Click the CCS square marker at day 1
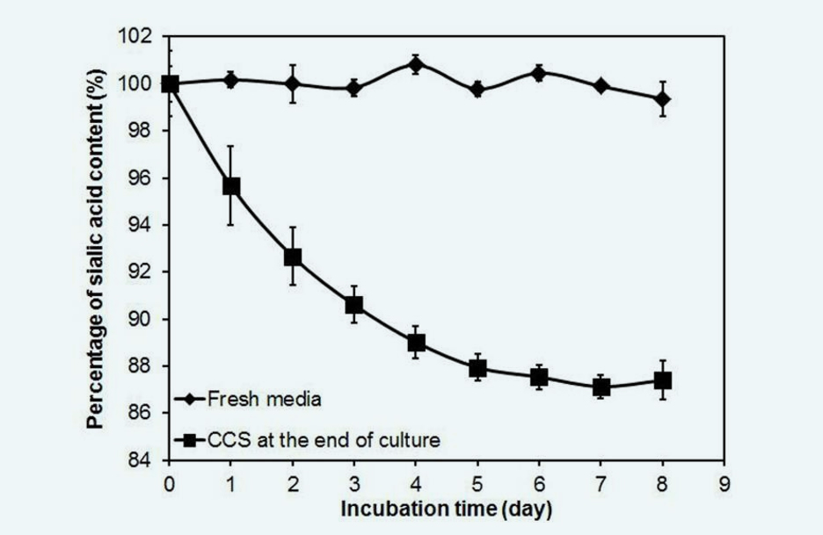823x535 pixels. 231,186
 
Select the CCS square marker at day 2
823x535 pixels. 293,257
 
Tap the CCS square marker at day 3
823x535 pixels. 354,305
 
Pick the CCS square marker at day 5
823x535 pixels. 477,368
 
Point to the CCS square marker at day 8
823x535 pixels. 663,380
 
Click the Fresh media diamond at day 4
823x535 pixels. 416,64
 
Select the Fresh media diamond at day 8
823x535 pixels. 663,99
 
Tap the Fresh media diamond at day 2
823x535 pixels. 293,84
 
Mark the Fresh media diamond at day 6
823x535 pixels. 540,73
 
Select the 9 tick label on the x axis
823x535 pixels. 725,483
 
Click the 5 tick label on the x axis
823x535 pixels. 477,483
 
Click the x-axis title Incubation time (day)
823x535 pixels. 447,509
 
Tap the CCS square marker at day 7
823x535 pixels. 601,387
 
